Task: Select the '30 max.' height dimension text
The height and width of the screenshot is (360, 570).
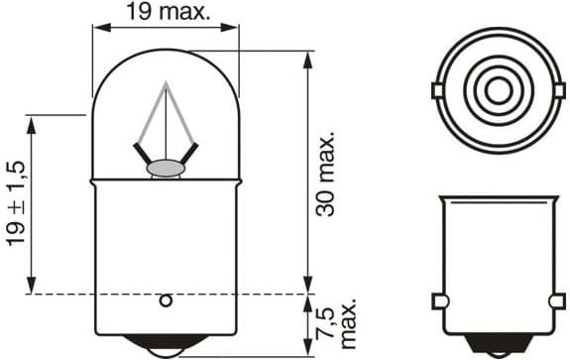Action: (x=333, y=173)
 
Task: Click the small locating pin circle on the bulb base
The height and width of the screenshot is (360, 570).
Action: (x=167, y=300)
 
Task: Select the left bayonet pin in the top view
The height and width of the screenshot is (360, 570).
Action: (x=436, y=91)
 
